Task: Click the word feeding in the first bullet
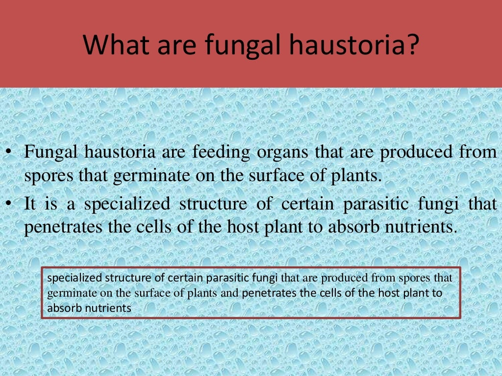tap(220, 153)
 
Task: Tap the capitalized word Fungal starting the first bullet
tap(51, 153)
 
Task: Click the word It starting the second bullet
tap(30, 204)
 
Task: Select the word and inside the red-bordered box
tap(230, 294)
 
